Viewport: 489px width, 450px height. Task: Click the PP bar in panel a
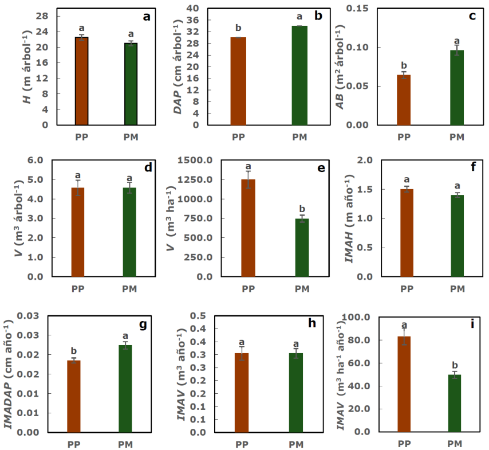tap(81, 81)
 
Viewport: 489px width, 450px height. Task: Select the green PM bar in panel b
tap(299, 75)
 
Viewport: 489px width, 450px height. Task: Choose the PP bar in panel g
tap(74, 396)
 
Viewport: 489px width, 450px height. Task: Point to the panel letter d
tap(147, 168)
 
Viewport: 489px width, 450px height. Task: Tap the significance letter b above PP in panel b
tap(238, 28)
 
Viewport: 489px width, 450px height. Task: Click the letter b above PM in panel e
tap(302, 209)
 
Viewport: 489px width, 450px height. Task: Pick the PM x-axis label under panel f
tap(456, 289)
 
